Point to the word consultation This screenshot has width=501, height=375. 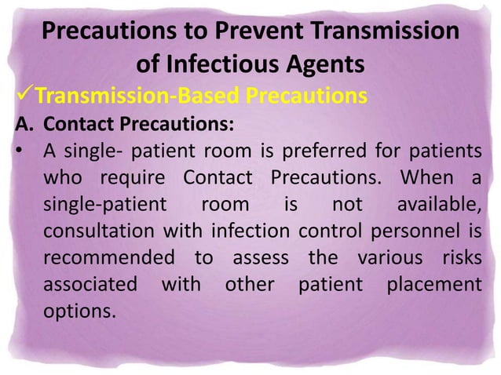[94, 231]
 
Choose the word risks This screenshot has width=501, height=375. [453, 258]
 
